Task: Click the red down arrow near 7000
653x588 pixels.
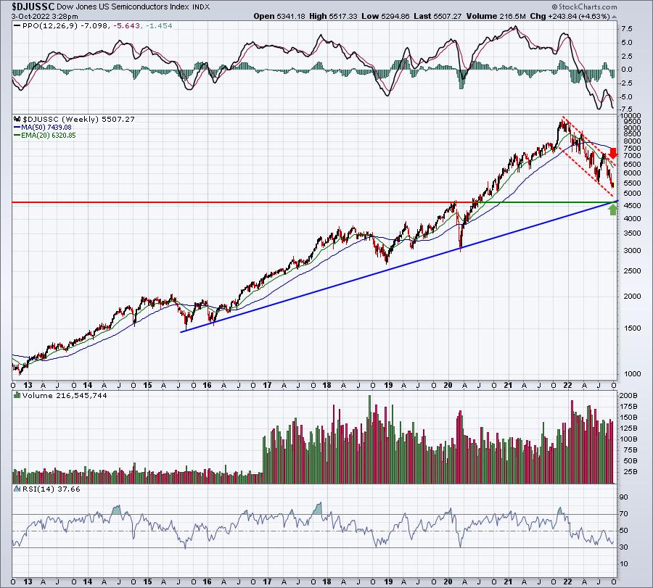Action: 612,153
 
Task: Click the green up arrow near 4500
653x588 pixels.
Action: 612,210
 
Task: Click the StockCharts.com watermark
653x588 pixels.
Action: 584,7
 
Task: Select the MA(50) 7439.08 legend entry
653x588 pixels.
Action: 43,128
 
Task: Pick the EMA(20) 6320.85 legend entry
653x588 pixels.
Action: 45,136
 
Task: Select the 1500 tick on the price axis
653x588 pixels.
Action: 632,328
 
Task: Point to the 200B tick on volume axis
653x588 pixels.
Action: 629,395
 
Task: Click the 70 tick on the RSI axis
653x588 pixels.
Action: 624,514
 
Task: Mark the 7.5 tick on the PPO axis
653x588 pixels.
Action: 627,29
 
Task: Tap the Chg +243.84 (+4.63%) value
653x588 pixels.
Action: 570,16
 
